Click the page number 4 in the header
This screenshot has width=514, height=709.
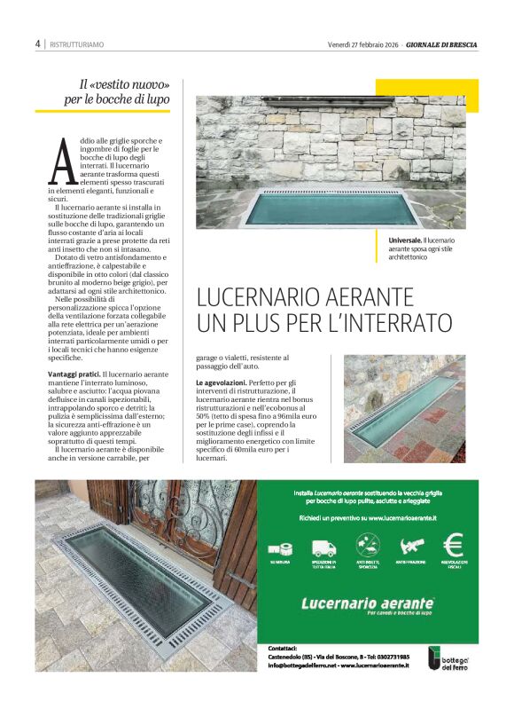pos(38,43)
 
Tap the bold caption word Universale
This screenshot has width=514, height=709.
pos(404,240)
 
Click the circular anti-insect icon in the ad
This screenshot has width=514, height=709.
pos(367,544)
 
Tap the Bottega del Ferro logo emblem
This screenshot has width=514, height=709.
pos(434,658)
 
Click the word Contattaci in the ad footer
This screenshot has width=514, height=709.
pos(283,648)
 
